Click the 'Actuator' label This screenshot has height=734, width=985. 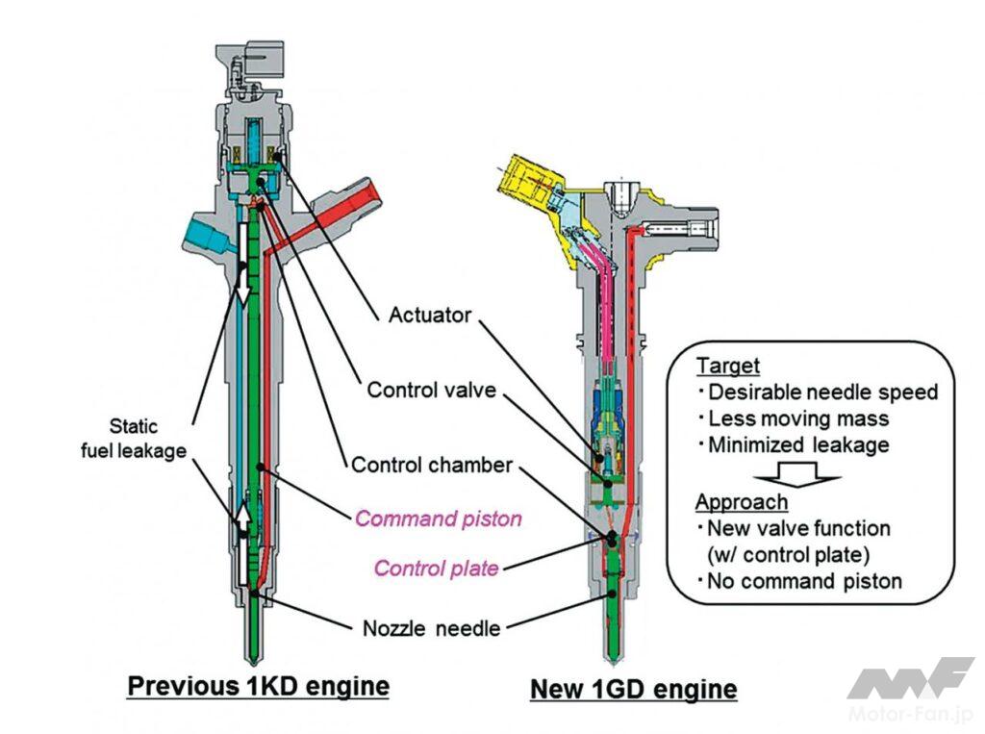click(x=430, y=316)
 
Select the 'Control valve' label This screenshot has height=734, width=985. click(x=432, y=391)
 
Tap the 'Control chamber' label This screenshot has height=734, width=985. click(x=432, y=466)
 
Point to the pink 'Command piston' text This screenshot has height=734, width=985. click(x=439, y=519)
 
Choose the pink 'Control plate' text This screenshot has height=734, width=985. click(x=437, y=569)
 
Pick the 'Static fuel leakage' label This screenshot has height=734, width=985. click(x=146, y=439)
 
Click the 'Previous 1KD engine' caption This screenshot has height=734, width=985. click(x=259, y=687)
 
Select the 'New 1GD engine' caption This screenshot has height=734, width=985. click(x=634, y=689)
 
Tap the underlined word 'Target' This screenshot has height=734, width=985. click(x=728, y=367)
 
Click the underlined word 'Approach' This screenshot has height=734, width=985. click(x=742, y=502)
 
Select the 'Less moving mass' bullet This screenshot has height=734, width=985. click(x=797, y=418)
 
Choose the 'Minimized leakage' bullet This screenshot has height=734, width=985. click(x=798, y=445)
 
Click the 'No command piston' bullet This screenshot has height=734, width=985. click(x=804, y=581)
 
